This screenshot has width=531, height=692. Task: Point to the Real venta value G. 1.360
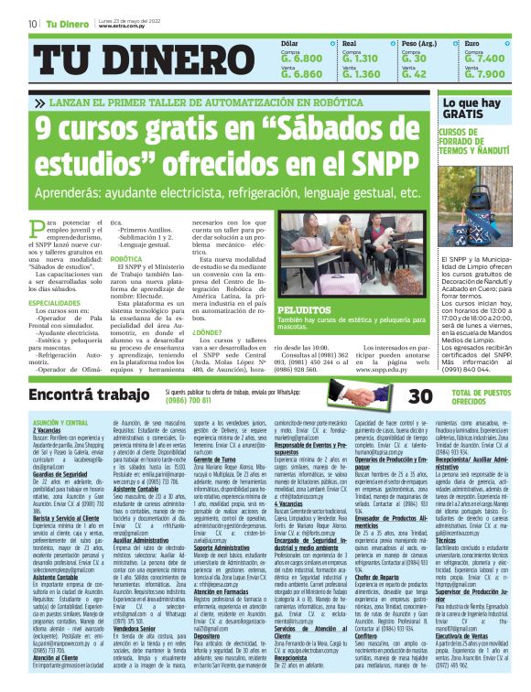tap(359, 74)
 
